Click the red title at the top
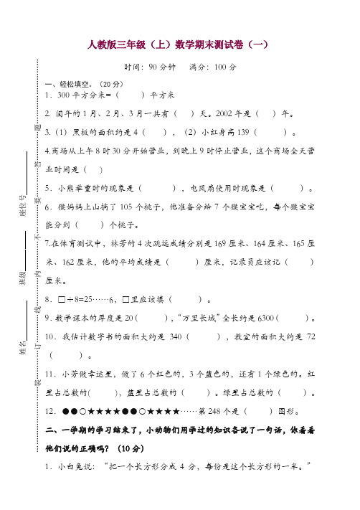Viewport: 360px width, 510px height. coord(179,44)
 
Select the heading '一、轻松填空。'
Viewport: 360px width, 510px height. coord(70,83)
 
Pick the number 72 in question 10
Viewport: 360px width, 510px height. coord(310,336)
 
